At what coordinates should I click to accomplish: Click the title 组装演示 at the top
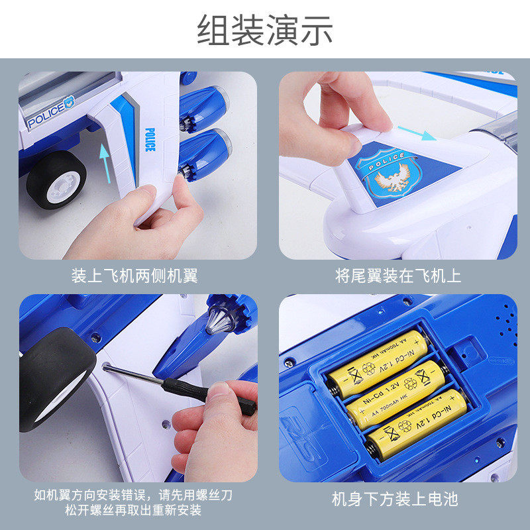tap(265, 31)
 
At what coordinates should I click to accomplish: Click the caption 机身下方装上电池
tap(395, 498)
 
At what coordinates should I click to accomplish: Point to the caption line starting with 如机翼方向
tap(134, 495)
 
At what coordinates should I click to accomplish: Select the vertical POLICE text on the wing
tap(149, 139)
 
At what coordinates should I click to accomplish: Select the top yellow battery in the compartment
tap(376, 355)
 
